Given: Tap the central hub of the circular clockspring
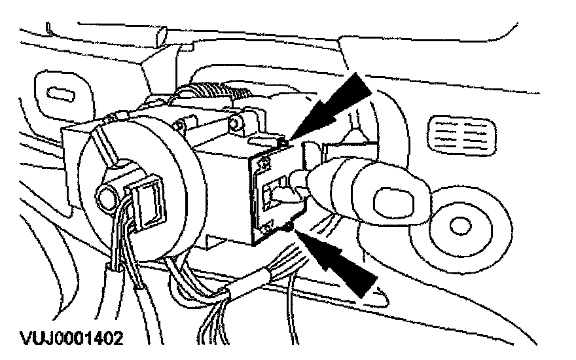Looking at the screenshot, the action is (105, 195).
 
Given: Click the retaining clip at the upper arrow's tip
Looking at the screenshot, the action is (283, 140).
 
